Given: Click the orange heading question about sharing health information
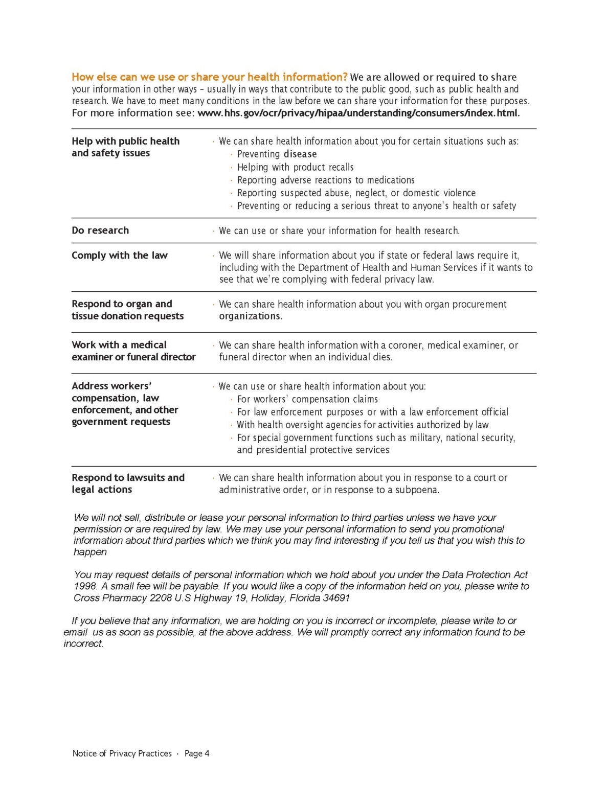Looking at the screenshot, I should pyautogui.click(x=209, y=77).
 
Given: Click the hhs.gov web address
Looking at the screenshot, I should pyautogui.click(x=358, y=113).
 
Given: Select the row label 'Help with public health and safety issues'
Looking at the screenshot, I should pyautogui.click(x=125, y=147).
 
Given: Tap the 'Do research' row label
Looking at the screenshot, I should pyautogui.click(x=100, y=230).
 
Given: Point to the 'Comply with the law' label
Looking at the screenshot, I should pyautogui.click(x=120, y=255).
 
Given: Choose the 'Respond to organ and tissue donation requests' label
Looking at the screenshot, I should pyautogui.click(x=127, y=310).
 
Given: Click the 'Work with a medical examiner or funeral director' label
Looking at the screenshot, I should pyautogui.click(x=133, y=351).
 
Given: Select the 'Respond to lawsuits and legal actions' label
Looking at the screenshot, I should pyautogui.click(x=128, y=483).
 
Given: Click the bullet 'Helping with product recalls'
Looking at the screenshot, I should pyautogui.click(x=295, y=167).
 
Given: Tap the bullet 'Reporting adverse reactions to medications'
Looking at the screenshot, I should pyautogui.click(x=326, y=180).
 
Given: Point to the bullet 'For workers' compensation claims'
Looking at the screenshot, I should pyautogui.click(x=307, y=399).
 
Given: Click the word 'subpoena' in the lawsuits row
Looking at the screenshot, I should pyautogui.click(x=416, y=490).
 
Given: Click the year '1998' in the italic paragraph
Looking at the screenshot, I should pyautogui.click(x=84, y=586).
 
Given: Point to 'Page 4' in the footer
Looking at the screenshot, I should pyautogui.click(x=197, y=753).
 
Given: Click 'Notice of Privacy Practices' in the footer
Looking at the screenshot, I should pyautogui.click(x=122, y=753).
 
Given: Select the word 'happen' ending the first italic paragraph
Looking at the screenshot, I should pyautogui.click(x=90, y=552).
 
